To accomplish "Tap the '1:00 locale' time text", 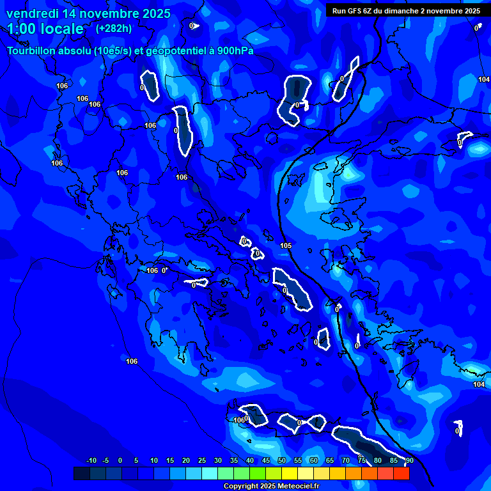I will [45, 29].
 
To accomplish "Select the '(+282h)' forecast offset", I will [114, 28].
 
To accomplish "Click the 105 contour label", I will [286, 246].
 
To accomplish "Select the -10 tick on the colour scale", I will [91, 461].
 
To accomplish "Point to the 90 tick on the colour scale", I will [409, 461].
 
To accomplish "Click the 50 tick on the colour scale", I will [282, 461].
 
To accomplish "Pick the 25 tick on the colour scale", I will [202, 461].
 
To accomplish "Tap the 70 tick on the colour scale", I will [346, 461].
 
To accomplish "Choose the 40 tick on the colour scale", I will [250, 461].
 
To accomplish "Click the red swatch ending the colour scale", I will [401, 474].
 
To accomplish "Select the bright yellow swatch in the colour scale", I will [290, 474].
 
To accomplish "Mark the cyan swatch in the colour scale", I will [210, 474].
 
